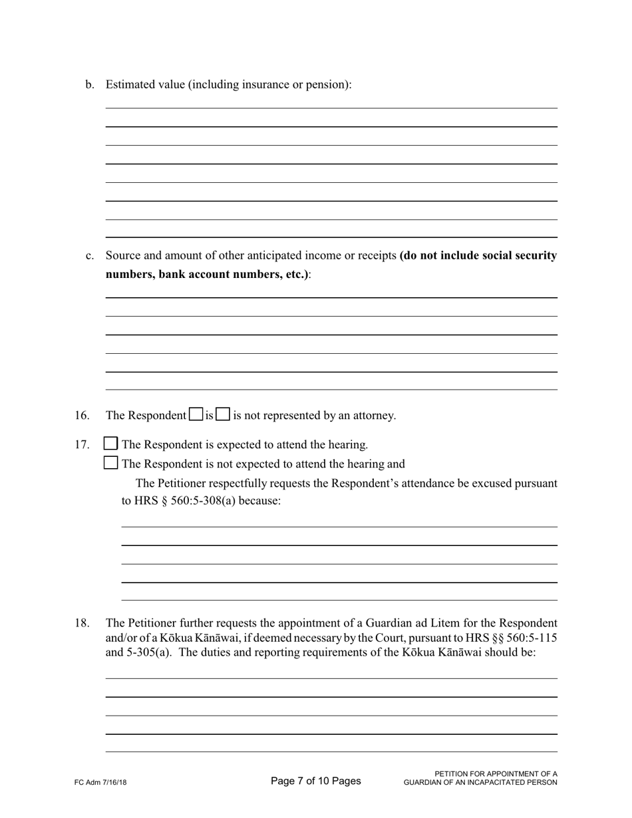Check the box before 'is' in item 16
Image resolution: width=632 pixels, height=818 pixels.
[x=196, y=414]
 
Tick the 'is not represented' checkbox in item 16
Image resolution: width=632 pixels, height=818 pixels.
[x=224, y=414]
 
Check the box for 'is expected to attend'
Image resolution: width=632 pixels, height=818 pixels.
[x=111, y=444]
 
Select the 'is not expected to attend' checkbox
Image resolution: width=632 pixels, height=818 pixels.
[x=111, y=463]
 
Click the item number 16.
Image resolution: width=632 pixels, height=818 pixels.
[x=82, y=416]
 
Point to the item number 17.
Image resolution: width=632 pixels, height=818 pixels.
[x=82, y=445]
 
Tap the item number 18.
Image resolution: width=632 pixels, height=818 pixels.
[x=82, y=623]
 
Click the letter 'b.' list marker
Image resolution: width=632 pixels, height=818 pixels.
[x=90, y=84]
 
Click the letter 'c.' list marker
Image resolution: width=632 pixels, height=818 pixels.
[x=90, y=256]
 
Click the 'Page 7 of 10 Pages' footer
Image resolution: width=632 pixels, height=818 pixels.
[x=316, y=781]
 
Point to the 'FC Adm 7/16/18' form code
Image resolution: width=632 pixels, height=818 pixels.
[x=100, y=783]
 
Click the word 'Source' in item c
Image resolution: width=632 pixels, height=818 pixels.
[x=122, y=256]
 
